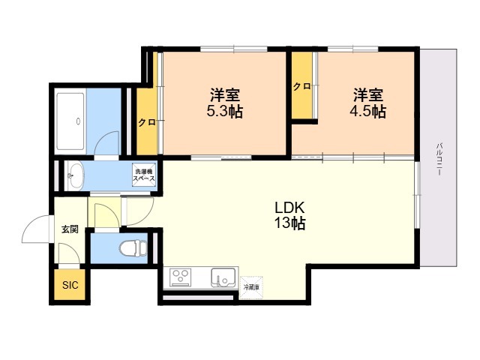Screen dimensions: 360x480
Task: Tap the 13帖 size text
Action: point(289,223)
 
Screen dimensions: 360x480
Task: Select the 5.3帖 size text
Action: point(224,112)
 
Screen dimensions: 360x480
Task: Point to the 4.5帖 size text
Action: point(369,112)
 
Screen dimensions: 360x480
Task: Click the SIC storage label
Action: point(70,285)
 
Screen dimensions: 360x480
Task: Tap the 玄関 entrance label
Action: point(70,229)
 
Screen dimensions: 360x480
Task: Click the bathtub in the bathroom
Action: point(70,120)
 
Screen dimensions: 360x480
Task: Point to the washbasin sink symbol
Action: point(74,176)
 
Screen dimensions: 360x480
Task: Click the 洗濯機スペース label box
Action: point(143,176)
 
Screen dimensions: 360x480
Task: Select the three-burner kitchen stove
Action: point(182,278)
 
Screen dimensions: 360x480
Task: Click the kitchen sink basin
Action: point(223,278)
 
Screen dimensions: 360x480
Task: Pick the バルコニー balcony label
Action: point(439,157)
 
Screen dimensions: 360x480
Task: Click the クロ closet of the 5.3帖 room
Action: point(146,122)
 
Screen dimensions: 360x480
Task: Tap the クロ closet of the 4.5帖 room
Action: point(302,86)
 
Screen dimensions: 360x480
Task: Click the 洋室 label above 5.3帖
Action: point(224,95)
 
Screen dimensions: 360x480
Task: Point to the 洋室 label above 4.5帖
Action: point(369,95)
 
